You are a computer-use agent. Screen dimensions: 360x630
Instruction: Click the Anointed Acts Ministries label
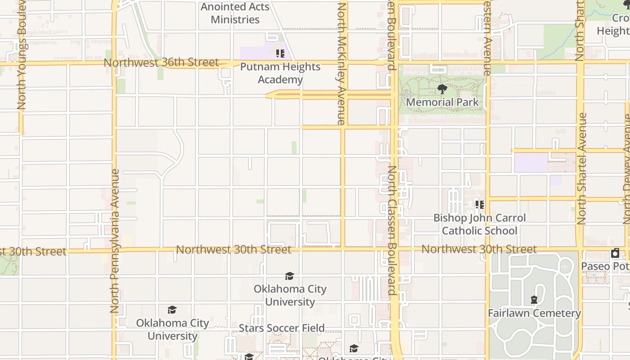[235, 13]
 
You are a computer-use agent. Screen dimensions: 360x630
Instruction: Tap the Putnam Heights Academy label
[280, 73]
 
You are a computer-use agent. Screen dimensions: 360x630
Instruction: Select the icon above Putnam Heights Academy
[280, 54]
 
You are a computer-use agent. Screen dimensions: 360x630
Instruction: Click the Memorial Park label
[442, 102]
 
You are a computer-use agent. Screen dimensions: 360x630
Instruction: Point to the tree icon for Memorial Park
[442, 89]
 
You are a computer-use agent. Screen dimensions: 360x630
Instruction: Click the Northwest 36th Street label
[161, 62]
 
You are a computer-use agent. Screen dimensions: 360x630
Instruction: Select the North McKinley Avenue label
[342, 63]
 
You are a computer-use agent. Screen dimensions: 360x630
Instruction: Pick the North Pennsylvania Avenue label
[114, 241]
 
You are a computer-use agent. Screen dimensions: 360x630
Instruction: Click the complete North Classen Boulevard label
[392, 230]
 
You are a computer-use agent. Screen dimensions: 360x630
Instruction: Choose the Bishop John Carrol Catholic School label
[479, 224]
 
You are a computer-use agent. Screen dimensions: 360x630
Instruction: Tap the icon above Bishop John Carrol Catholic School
[480, 205]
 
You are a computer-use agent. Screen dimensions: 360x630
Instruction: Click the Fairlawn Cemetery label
[534, 313]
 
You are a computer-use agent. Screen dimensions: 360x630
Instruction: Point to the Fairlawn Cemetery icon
[534, 299]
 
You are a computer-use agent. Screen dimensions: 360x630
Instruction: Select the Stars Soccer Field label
[281, 328]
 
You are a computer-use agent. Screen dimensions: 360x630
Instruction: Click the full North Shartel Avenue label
[581, 169]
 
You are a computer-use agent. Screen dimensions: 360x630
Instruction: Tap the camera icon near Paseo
[615, 253]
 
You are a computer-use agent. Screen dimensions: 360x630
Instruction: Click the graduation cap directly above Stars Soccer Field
[289, 276]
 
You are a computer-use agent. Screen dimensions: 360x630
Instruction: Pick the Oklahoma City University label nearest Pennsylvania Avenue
[173, 329]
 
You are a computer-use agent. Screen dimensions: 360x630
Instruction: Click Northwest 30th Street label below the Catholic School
[479, 249]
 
